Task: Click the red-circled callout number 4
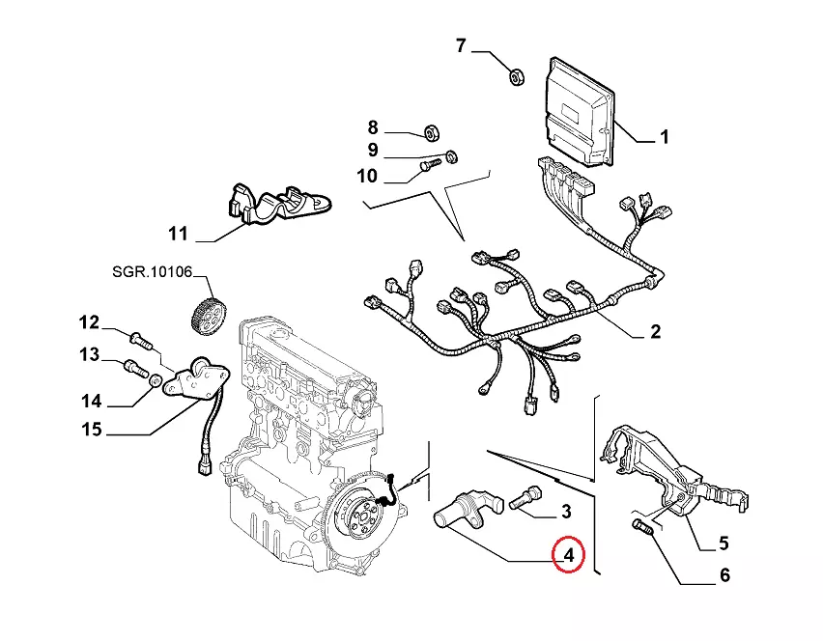coord(568,555)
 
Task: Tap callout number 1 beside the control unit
coord(664,138)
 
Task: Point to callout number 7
coord(461,45)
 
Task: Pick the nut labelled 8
coord(433,131)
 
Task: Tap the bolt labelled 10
coord(429,169)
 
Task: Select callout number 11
coord(177,233)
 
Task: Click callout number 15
coord(91,430)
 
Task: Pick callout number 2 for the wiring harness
coord(655,332)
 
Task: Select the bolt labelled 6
coord(642,527)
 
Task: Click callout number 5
coord(723,543)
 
